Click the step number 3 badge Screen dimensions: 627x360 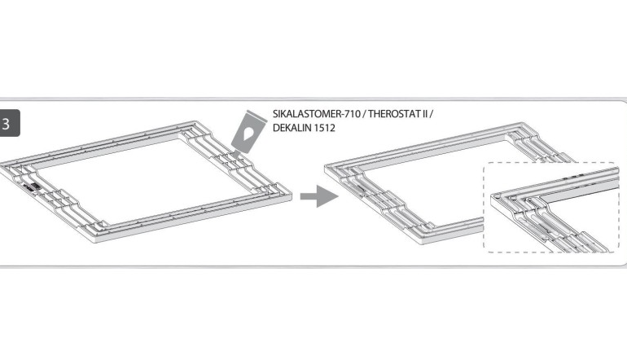[x=9, y=123]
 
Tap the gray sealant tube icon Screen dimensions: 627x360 [x=248, y=133]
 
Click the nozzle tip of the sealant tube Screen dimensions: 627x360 [x=235, y=157]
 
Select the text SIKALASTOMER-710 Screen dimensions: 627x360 [x=316, y=114]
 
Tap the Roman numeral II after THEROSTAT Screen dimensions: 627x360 [x=424, y=114]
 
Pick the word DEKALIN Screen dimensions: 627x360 [x=289, y=128]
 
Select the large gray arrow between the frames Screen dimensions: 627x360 [x=319, y=196]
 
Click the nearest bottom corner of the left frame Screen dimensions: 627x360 [x=97, y=242]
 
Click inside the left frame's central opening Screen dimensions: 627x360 [x=144, y=180]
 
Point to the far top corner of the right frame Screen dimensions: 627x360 [x=521, y=123]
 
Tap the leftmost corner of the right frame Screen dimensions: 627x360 [x=326, y=167]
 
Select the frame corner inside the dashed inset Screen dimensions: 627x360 [x=496, y=196]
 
